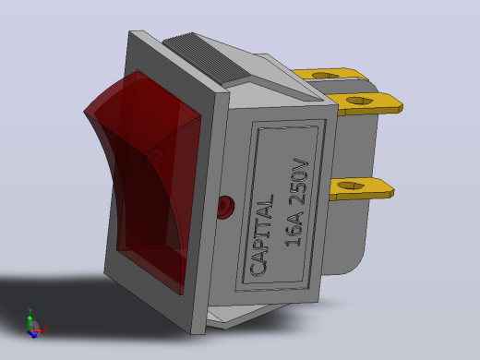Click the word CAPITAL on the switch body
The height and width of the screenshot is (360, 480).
click(x=262, y=235)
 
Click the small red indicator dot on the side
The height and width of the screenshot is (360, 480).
click(x=225, y=207)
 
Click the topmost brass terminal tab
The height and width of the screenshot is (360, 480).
click(x=330, y=75)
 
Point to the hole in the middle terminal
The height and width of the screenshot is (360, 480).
click(x=359, y=101)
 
